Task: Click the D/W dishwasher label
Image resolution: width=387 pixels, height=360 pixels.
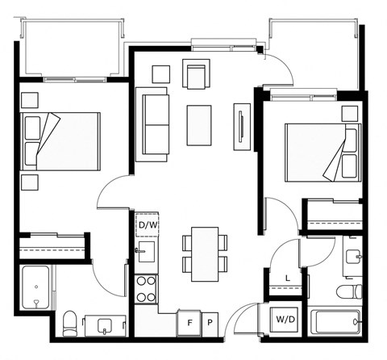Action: [x=148, y=225]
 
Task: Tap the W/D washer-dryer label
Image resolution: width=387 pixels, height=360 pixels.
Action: [x=285, y=320]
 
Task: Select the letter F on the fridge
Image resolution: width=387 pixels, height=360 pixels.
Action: [x=190, y=323]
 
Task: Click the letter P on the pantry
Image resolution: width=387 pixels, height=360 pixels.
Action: [x=210, y=322]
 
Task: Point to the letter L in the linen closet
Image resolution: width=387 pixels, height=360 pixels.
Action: [x=288, y=278]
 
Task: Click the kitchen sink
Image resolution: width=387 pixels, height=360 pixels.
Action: [x=147, y=252]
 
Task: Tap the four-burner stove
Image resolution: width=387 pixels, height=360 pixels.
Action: [x=147, y=289]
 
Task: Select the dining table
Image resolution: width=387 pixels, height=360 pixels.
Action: [x=205, y=254]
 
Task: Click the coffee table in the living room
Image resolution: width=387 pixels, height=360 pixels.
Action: [x=199, y=125]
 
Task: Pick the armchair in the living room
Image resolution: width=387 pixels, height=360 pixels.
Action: [x=196, y=73]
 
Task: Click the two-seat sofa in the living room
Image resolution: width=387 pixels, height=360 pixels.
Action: [x=152, y=124]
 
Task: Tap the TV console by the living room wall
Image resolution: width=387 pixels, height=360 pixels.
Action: [x=242, y=127]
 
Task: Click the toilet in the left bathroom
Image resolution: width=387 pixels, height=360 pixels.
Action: [x=69, y=324]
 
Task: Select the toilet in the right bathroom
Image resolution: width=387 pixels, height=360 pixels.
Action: [x=350, y=291]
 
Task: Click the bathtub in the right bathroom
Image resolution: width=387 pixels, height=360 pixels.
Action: [x=335, y=321]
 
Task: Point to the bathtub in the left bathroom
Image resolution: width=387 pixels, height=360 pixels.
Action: [x=35, y=287]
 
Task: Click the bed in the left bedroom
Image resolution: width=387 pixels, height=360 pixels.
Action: [x=60, y=141]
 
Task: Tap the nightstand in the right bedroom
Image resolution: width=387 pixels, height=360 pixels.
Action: [x=350, y=114]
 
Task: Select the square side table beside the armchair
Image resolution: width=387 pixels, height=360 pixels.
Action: [x=161, y=74]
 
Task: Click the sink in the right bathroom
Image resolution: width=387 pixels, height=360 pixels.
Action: [x=353, y=257]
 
